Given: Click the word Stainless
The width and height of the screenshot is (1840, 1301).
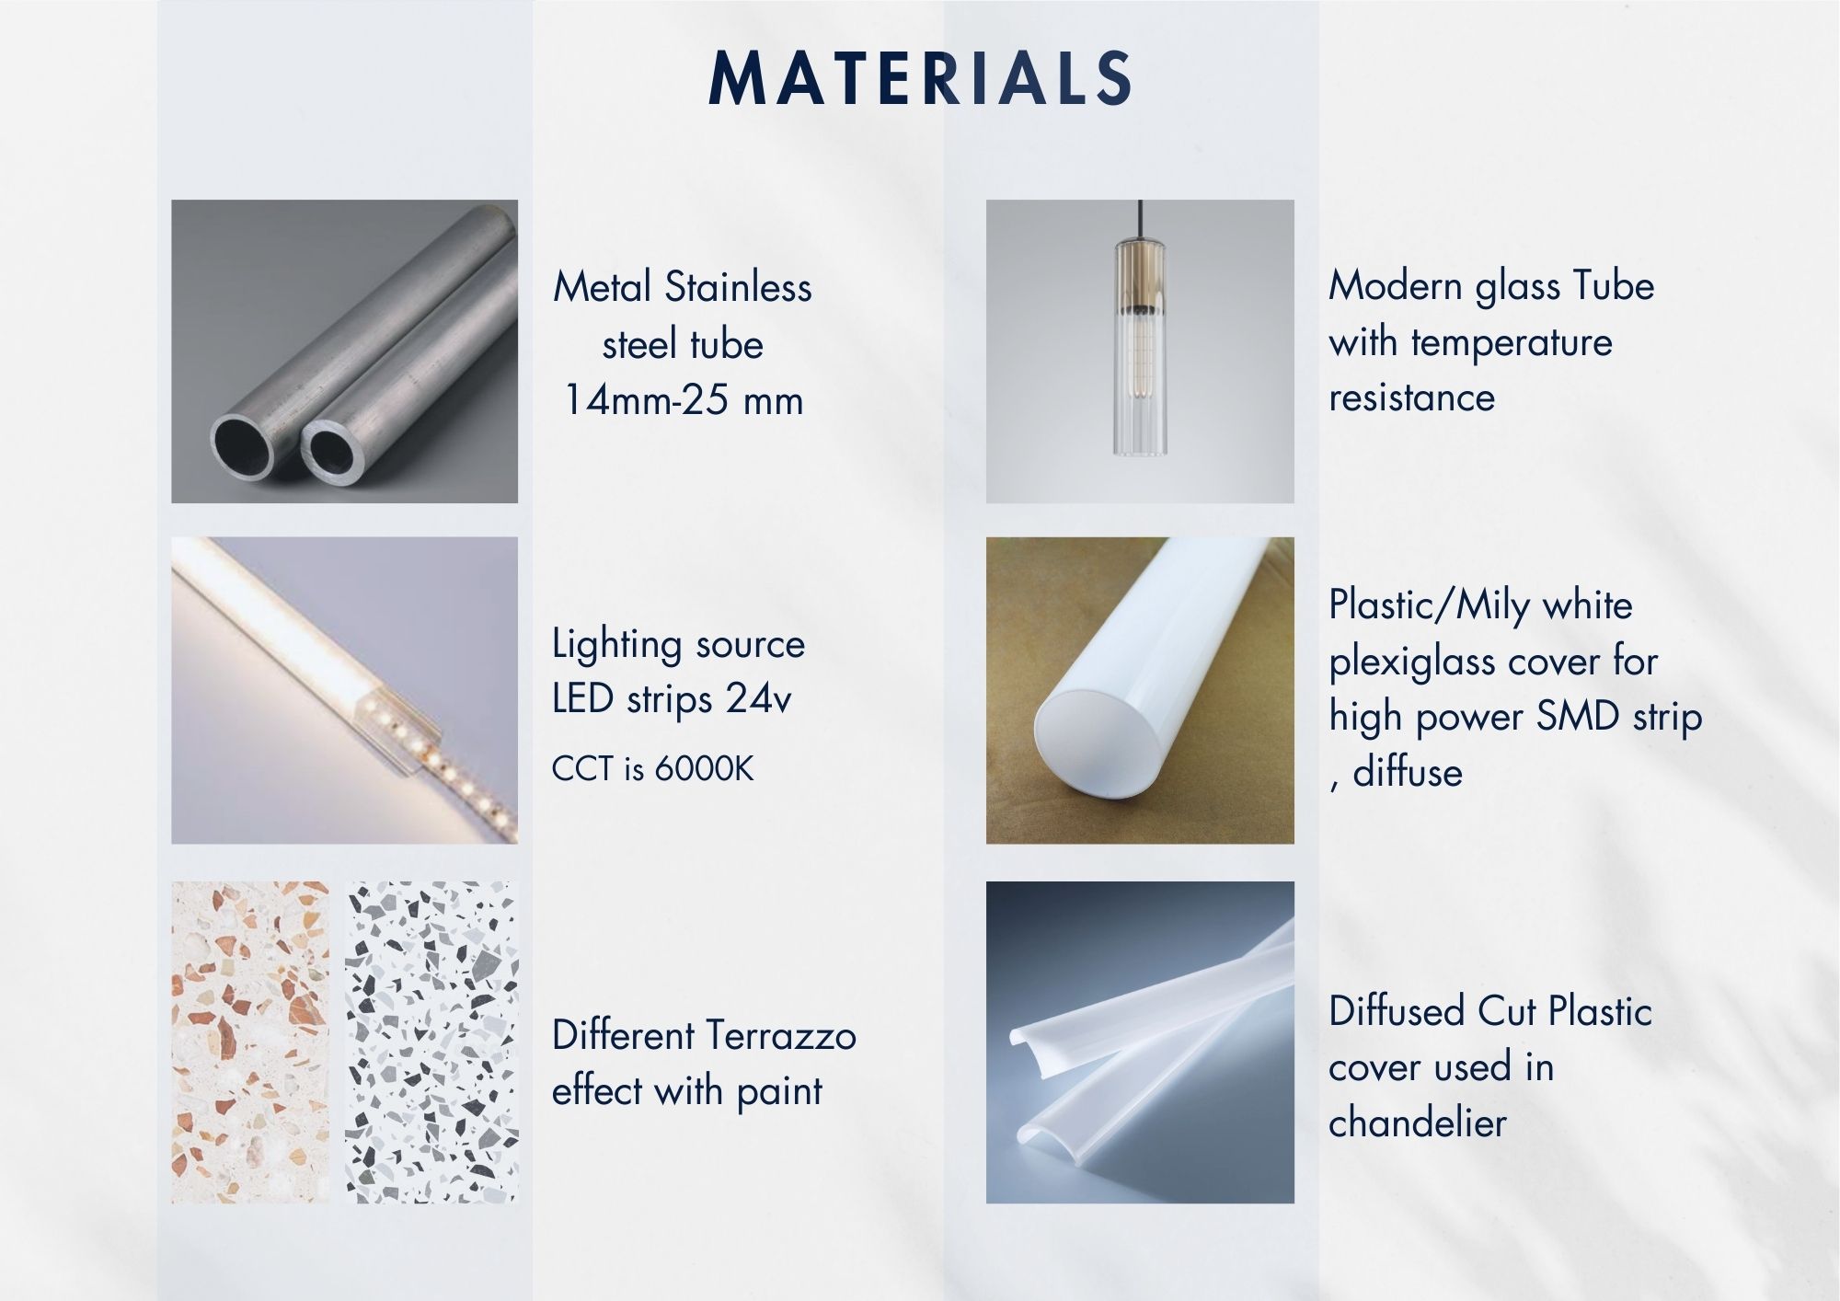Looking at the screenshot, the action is click(x=738, y=287).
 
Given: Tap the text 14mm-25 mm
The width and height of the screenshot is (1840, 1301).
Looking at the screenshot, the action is click(x=684, y=400).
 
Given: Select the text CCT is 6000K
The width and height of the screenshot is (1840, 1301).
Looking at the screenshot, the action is click(x=652, y=768).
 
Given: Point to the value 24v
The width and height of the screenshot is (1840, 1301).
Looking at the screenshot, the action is click(x=758, y=699).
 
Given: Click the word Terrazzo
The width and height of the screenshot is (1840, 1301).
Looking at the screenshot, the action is click(x=780, y=1036).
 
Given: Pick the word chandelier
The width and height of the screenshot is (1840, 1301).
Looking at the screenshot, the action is click(x=1418, y=1123).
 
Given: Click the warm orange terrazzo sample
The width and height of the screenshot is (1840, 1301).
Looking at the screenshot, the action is click(x=249, y=1042).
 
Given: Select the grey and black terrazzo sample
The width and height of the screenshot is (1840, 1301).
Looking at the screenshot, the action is click(x=431, y=1042).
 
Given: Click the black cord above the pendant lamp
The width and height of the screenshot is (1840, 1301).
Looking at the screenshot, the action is click(x=1140, y=218).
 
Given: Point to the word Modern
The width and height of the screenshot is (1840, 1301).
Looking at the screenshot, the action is click(x=1395, y=286).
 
